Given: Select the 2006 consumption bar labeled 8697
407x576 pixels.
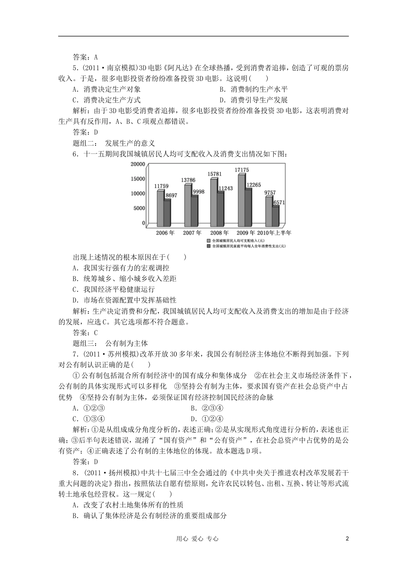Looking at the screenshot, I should tap(167, 213).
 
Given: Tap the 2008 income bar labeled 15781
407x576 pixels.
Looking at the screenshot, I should tap(213, 203).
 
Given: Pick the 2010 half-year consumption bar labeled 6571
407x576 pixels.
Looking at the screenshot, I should tap(275, 216).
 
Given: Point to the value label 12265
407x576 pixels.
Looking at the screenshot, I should tap(254, 184).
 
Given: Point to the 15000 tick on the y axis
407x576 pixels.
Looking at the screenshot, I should tap(138, 179).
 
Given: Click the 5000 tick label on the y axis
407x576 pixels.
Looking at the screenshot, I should tap(139, 208).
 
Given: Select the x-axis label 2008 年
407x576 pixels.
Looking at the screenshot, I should tap(219, 233).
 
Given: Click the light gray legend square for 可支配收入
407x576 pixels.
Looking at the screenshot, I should tap(209, 241).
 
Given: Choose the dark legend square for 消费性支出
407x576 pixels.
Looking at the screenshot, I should tap(209, 246).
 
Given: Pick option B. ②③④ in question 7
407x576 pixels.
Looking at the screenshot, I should tap(207, 408).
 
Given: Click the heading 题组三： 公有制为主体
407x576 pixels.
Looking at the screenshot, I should tap(111, 343).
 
